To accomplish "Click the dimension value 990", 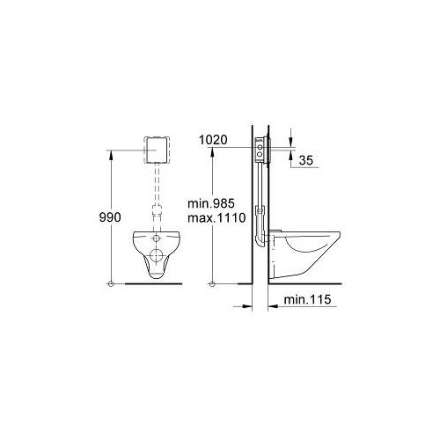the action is coord(110,217).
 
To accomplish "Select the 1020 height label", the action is coord(213,140).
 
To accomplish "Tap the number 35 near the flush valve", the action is coord(306,160).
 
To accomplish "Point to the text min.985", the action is coord(211,203).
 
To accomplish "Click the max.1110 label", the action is coord(216,217).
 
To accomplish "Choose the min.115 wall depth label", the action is coord(307,299).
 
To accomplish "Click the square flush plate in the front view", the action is coord(157,150).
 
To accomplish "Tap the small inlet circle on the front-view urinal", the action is coord(157,238).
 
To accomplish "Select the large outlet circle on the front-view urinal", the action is coord(157,255).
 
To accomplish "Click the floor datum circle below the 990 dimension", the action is coord(111,283).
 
